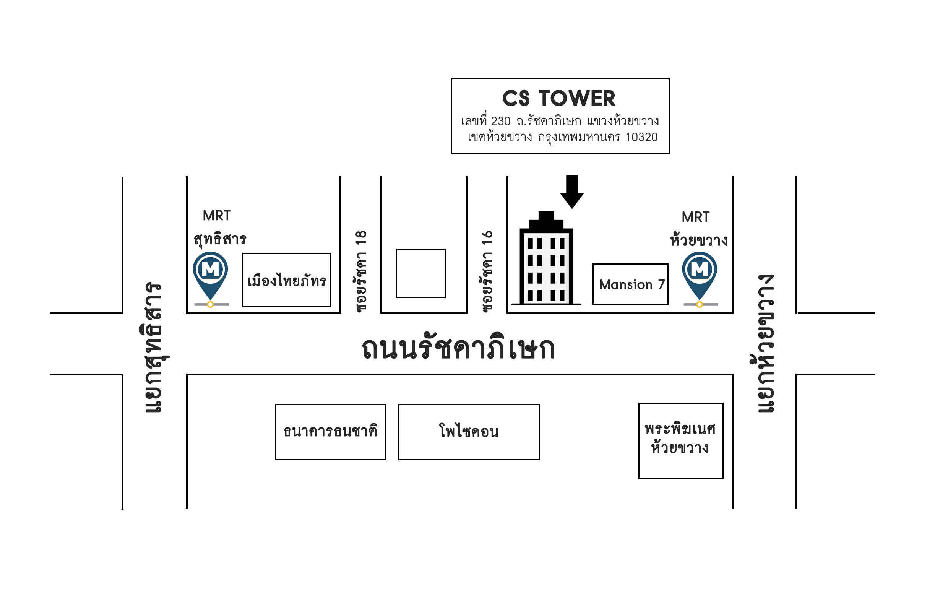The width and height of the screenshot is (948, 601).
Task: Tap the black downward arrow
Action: pos(571,192)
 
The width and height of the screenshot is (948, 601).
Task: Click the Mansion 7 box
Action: pos(630,284)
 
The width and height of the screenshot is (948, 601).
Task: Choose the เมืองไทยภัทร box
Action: pos(286,280)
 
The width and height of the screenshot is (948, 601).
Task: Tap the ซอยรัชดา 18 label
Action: pos(360,272)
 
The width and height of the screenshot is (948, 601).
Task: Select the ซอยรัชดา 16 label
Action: pos(487,272)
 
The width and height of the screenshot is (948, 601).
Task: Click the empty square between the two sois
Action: pos(420,273)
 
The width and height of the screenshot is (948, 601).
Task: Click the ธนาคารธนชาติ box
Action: pos(330,432)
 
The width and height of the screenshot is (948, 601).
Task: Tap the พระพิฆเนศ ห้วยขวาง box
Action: pos(680,440)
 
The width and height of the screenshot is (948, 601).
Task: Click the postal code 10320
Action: pos(641,137)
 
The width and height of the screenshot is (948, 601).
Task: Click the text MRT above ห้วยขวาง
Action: pos(695,217)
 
